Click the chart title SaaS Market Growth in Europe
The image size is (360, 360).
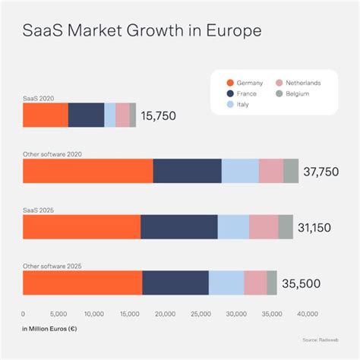pyautogui.click(x=143, y=33)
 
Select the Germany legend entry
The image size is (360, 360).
pyautogui.click(x=246, y=82)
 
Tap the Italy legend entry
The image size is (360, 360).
pyautogui.click(x=241, y=104)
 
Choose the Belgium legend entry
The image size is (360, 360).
pyautogui.click(x=293, y=93)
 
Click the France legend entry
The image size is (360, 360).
pyautogui.click(x=245, y=93)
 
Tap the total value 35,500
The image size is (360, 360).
pyautogui.click(x=302, y=283)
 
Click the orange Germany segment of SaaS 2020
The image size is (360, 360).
pyautogui.click(x=46, y=115)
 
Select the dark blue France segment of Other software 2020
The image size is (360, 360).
pyautogui.click(x=187, y=171)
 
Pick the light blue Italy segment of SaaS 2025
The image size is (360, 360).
pyautogui.click(x=233, y=226)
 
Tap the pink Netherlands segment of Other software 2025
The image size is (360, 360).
pyautogui.click(x=255, y=283)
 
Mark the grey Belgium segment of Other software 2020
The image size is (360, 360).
pyautogui.click(x=291, y=171)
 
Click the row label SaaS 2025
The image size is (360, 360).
pyautogui.click(x=38, y=210)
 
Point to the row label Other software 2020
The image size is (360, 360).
pyautogui.click(x=52, y=154)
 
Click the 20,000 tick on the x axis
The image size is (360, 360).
pyautogui.click(x=165, y=313)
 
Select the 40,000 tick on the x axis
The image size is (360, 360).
pyautogui.click(x=307, y=313)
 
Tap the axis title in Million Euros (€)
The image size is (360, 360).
pyautogui.click(x=50, y=329)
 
